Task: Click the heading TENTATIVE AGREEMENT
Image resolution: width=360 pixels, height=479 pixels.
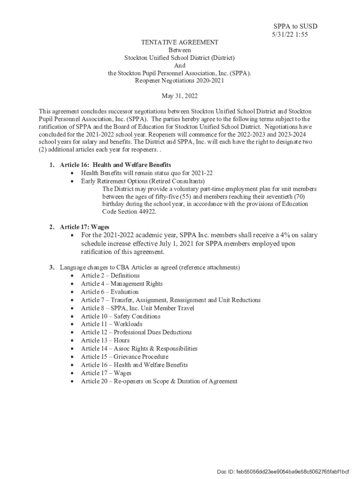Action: coord(180,42)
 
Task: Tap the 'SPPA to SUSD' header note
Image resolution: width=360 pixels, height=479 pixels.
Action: coord(295,26)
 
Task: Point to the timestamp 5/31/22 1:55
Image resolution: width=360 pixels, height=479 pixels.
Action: coord(290,34)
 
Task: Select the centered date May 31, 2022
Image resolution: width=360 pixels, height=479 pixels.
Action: coord(180,96)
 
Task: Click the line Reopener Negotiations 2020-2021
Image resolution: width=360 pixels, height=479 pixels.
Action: coord(180,80)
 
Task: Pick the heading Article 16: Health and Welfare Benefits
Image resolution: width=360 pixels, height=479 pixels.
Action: coord(115,165)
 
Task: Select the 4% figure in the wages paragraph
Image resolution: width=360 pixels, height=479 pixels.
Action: coord(281,235)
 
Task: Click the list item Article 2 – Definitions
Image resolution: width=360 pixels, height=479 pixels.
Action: coord(110,276)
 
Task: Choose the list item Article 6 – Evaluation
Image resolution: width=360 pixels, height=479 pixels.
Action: coord(109,292)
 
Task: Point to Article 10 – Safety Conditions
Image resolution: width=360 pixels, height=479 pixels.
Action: coord(120,316)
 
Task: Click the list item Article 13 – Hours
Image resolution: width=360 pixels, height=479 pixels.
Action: coord(105,341)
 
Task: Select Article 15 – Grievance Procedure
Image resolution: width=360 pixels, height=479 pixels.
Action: coord(124,356)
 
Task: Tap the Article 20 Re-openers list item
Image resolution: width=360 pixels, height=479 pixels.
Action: coord(159,381)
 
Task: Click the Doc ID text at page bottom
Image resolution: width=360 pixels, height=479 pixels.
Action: coord(283,471)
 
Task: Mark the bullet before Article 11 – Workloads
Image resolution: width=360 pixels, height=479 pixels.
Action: coord(72,324)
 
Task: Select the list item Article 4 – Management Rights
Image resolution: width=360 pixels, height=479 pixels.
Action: coord(122,283)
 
